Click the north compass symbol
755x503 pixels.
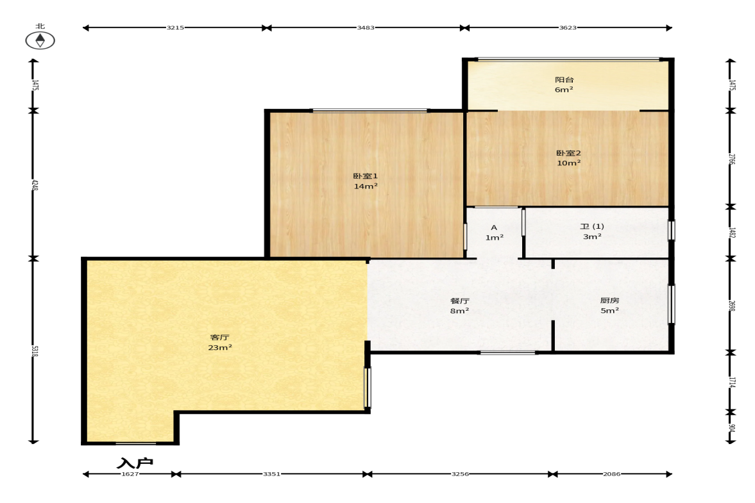pyautogui.click(x=40, y=40)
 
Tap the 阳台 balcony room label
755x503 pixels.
pyautogui.click(x=564, y=80)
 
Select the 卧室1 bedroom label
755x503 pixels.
pyautogui.click(x=366, y=176)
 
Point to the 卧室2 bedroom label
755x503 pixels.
pyautogui.click(x=569, y=153)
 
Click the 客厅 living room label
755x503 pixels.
pyautogui.click(x=219, y=338)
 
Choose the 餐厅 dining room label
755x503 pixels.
pyautogui.click(x=460, y=301)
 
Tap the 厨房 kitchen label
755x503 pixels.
pyautogui.click(x=609, y=300)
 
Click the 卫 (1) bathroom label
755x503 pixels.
pyautogui.click(x=592, y=226)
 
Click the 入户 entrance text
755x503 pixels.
pyautogui.click(x=135, y=463)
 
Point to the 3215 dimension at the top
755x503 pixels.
pyautogui.click(x=175, y=28)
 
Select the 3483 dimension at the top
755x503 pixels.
pyautogui.click(x=366, y=28)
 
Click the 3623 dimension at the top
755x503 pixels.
pyautogui.click(x=568, y=28)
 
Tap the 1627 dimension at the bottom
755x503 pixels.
pyautogui.click(x=130, y=474)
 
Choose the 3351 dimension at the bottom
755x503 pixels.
pyautogui.click(x=271, y=474)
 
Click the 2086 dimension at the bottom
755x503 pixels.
pyautogui.click(x=611, y=474)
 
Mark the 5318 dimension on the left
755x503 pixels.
pyautogui.click(x=34, y=350)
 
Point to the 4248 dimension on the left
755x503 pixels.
pyautogui.click(x=34, y=185)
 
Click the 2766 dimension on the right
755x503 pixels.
pyautogui.click(x=731, y=159)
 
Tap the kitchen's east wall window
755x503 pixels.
pyautogui.click(x=671, y=304)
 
